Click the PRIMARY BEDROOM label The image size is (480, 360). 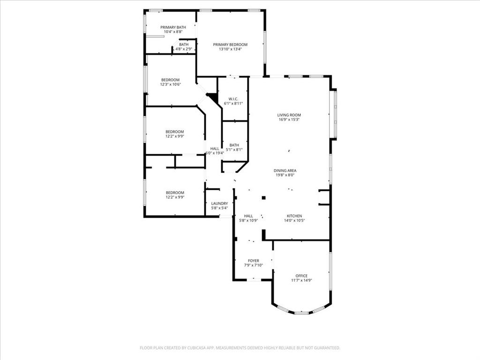click(230, 45)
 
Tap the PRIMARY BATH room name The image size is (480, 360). click(173, 27)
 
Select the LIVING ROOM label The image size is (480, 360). click(289, 115)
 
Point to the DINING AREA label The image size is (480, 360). click(285, 171)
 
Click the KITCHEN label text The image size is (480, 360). click(294, 216)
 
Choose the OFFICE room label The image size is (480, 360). click(301, 276)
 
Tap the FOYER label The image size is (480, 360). click(254, 261)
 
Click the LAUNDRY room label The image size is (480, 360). click(219, 203)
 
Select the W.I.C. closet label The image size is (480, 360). click(233, 99)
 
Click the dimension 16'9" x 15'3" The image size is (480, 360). click(289, 120)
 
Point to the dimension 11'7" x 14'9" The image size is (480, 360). click(301, 280)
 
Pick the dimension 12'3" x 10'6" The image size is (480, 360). click(171, 84)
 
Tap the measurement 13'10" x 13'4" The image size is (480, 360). click(230, 49)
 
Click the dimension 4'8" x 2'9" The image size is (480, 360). click(184, 49)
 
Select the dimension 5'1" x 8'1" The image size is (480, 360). click(234, 150)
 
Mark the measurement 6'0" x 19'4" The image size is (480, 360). click(215, 153)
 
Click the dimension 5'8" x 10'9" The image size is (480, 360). click(248, 220)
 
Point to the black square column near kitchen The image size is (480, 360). click(264, 198)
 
